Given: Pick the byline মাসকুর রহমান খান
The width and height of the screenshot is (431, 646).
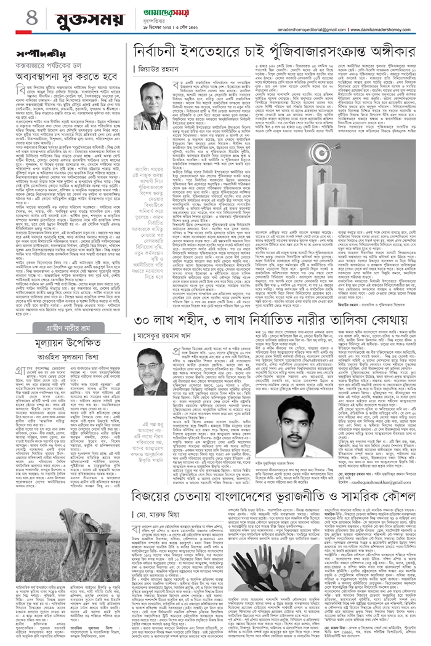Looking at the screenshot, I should tap(166, 335).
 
